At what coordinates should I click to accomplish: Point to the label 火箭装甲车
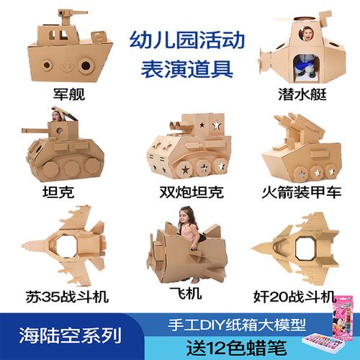[x=299, y=192]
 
